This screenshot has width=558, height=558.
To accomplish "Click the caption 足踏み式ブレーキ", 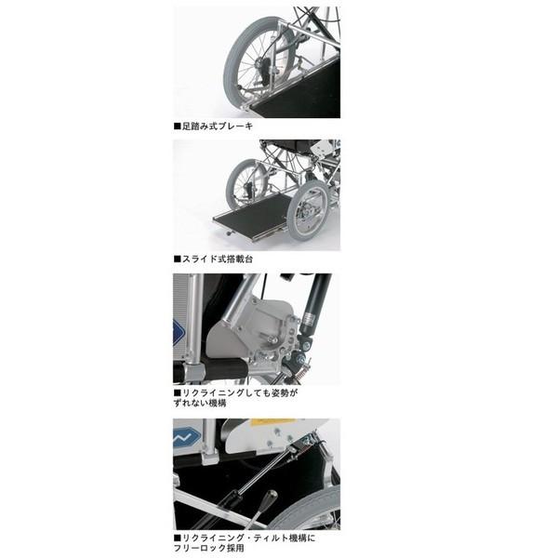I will (217, 125).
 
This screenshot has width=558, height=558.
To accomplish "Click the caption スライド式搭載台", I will (217, 259).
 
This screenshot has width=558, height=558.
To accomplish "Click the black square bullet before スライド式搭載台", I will (177, 259).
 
